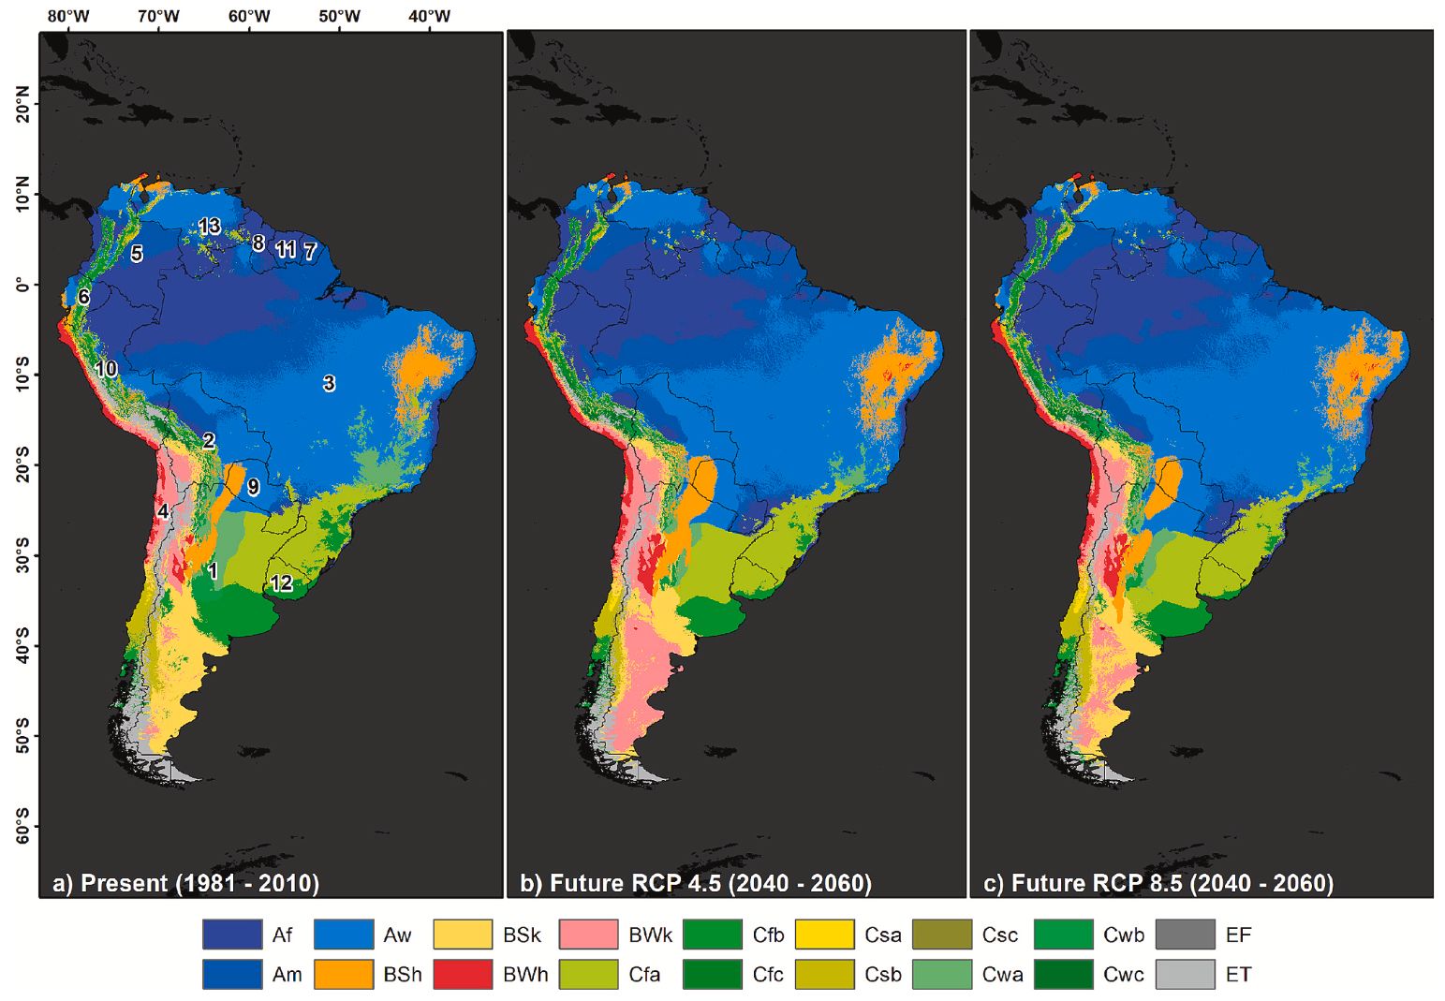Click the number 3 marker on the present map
point(329,383)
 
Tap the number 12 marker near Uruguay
point(281,583)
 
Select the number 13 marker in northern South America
point(209,226)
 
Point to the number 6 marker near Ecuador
point(83,297)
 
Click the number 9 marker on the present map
point(253,487)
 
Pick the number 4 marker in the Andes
point(163,511)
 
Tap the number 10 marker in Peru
point(106,369)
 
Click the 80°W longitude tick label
point(68,16)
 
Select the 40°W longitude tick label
point(429,16)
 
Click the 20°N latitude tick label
point(22,104)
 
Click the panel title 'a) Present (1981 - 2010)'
point(186,883)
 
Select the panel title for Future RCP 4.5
point(696,883)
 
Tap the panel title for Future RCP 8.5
point(1158,883)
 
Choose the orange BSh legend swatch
point(343,974)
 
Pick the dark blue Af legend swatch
point(231,935)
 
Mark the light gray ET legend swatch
point(1185,974)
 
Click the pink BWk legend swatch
point(588,935)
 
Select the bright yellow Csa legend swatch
point(824,935)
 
